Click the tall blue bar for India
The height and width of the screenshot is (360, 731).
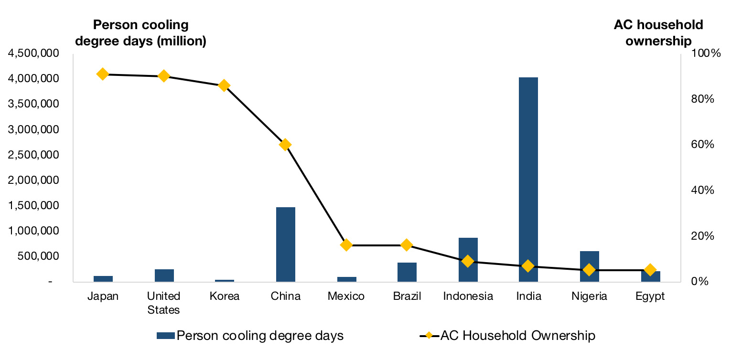(x=529, y=179)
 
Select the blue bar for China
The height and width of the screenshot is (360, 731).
(x=286, y=244)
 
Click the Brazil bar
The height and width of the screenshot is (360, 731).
(x=407, y=272)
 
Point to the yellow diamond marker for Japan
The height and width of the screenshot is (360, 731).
(x=103, y=74)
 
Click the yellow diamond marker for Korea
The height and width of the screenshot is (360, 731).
(x=224, y=85)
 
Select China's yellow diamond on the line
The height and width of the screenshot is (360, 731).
(x=285, y=145)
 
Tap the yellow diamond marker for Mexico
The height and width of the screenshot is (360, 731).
(x=346, y=245)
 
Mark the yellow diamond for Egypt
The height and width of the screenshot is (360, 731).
(x=650, y=270)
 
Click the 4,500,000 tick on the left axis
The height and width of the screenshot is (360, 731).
(x=33, y=53)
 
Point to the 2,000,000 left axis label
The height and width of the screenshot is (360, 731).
(x=33, y=180)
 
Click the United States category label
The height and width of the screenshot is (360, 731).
(x=163, y=303)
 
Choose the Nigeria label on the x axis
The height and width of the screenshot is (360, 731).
(x=590, y=296)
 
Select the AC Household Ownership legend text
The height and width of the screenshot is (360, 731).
(x=518, y=336)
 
